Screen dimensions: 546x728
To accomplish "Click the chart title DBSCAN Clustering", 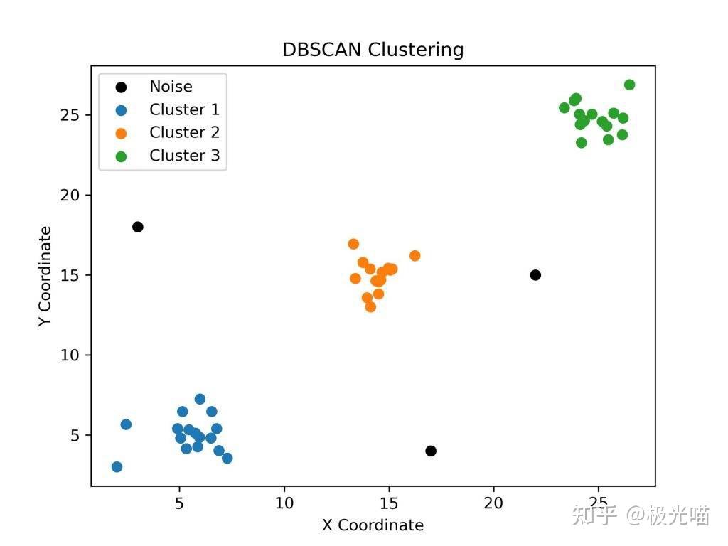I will [373, 50].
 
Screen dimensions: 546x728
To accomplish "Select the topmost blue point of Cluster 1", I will [200, 400].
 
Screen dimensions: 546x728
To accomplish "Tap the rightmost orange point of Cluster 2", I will [415, 256].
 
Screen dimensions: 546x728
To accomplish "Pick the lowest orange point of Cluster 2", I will [370, 307].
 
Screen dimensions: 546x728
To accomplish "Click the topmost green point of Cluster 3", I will [629, 85].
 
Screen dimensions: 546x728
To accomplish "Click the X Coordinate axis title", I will [373, 525].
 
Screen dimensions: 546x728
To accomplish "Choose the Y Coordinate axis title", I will [45, 276].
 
